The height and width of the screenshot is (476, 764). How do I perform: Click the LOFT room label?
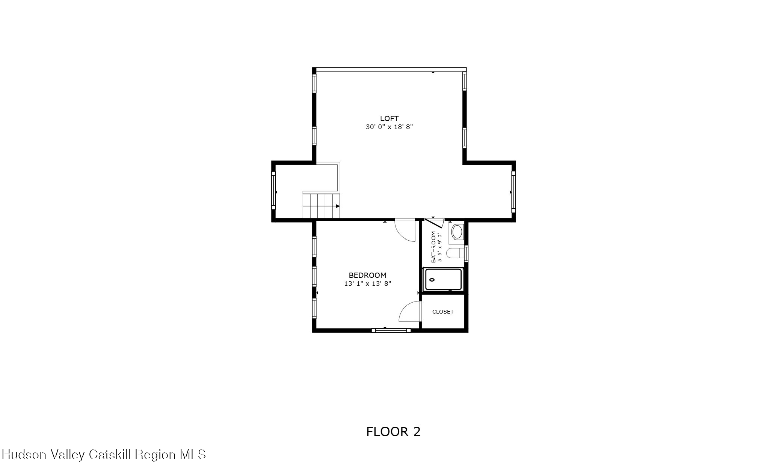389,118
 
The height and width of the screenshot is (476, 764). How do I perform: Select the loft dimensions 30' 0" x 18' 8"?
389,127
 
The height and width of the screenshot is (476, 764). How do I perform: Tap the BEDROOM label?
367,275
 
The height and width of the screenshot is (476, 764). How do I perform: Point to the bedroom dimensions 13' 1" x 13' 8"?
367,284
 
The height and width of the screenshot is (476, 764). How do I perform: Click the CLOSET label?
443,312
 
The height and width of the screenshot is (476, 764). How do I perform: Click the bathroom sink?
457,232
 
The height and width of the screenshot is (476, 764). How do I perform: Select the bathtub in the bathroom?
443,280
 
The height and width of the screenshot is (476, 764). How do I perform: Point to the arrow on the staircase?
338,206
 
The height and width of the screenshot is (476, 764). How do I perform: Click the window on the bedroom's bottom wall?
391,330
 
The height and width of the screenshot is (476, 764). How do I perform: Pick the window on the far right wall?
513,192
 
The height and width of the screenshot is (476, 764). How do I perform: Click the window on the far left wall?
273,191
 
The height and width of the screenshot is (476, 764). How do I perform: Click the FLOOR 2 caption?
393,432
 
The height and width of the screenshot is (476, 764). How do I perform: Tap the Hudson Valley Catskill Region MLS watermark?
104,455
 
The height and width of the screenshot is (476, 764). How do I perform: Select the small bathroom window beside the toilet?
466,253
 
